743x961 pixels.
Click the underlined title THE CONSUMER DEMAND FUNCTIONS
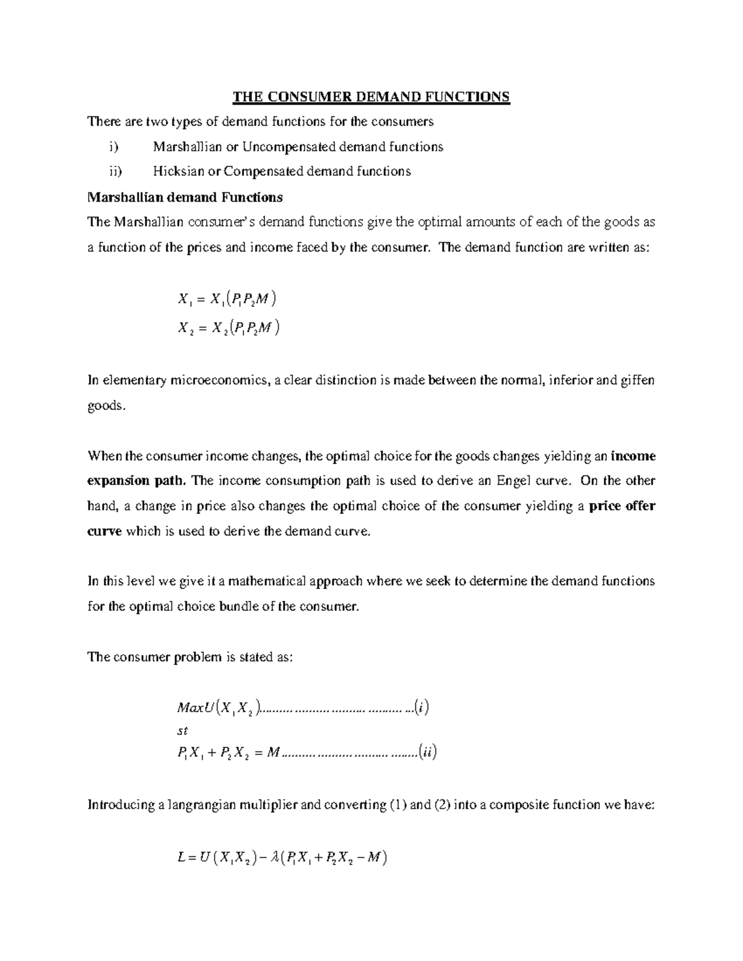click(371, 97)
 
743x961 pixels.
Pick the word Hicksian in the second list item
click(177, 171)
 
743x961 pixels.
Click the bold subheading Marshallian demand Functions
click(185, 197)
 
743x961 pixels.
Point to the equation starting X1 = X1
click(226, 300)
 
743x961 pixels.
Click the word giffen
click(635, 380)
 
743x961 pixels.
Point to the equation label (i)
click(421, 707)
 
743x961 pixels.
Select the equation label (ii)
click(427, 753)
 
